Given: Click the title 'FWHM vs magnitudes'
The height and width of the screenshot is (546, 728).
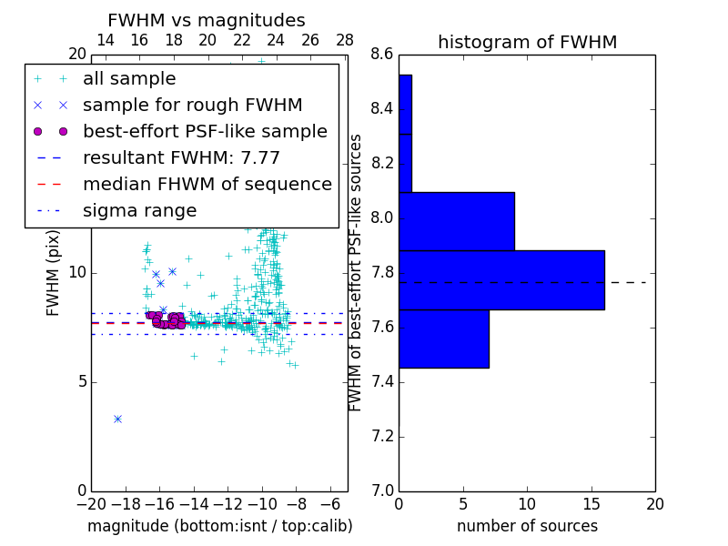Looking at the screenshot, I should (x=207, y=20).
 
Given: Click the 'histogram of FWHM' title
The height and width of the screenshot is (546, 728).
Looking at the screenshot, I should (x=527, y=42).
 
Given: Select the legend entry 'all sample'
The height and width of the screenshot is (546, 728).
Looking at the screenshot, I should (x=129, y=79).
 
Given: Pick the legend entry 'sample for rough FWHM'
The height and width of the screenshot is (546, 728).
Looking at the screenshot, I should (x=192, y=106).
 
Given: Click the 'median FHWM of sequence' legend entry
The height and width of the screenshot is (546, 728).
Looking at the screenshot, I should (x=207, y=185).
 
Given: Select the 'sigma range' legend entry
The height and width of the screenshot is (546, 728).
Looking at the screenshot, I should (x=139, y=211).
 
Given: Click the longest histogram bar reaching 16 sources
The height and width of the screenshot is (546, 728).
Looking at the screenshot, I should (x=501, y=279).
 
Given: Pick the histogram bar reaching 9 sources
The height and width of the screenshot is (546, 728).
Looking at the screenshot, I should (x=457, y=221).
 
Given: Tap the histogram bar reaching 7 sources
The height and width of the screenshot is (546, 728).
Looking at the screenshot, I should (x=444, y=339).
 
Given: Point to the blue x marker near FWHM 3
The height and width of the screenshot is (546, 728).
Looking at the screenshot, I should (x=117, y=419).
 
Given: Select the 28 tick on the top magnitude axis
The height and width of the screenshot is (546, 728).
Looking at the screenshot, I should (x=345, y=40).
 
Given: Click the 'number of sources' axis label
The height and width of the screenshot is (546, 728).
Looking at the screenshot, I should (x=527, y=526).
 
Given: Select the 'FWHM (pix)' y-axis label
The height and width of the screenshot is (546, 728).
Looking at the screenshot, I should (x=54, y=273).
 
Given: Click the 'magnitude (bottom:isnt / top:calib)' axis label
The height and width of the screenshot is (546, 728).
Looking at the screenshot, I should (x=219, y=526).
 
